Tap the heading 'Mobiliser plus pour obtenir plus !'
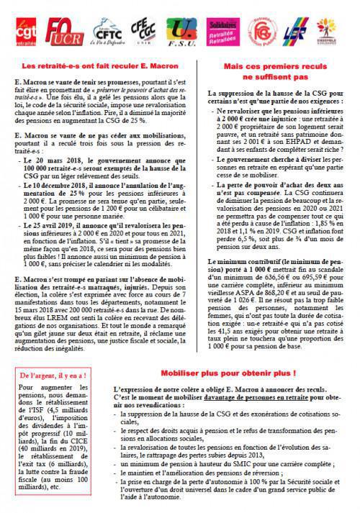pos(235,375)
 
